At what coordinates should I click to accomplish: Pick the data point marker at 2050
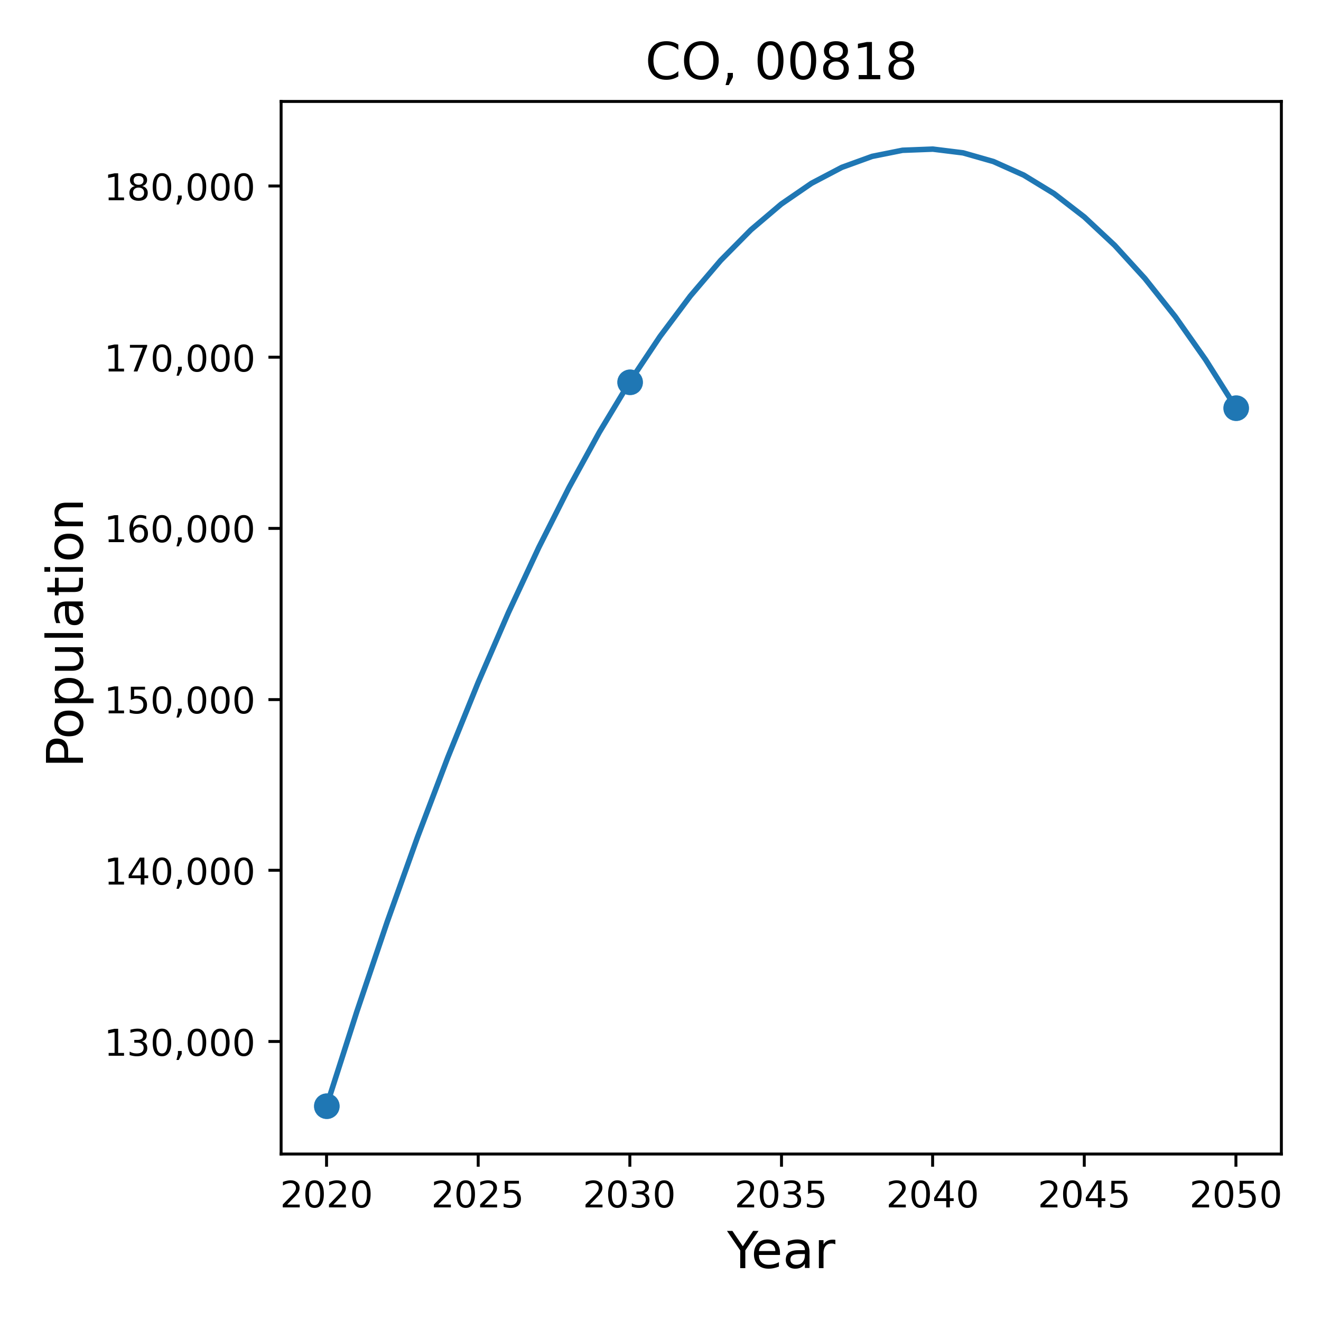pos(1235,408)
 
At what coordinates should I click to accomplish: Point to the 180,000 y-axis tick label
pos(180,189)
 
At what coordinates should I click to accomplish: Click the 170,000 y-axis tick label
pos(180,360)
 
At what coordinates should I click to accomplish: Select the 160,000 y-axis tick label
pos(180,531)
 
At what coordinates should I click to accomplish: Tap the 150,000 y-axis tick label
pos(180,702)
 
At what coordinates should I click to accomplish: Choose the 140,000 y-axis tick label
pos(180,873)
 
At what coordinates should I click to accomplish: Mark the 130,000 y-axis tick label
pos(180,1044)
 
